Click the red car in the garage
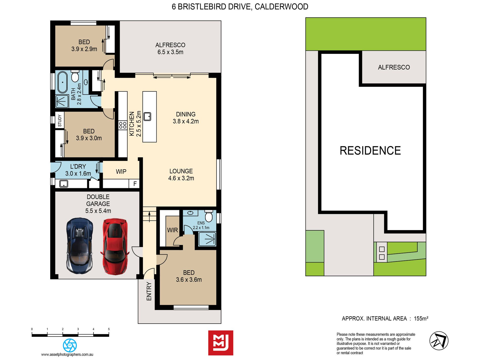115,247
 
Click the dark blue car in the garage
80,246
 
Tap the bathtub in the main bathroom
62,82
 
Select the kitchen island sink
147,116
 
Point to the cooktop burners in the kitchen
123,125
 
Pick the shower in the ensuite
207,239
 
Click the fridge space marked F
135,184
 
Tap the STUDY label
60,120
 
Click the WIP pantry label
121,172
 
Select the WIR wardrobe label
173,230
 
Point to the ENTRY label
149,291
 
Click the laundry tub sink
64,184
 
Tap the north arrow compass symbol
439,341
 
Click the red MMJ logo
221,343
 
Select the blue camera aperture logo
70,345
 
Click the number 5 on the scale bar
109,329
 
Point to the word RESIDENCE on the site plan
370,151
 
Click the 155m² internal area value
421,319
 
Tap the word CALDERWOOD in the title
281,7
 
